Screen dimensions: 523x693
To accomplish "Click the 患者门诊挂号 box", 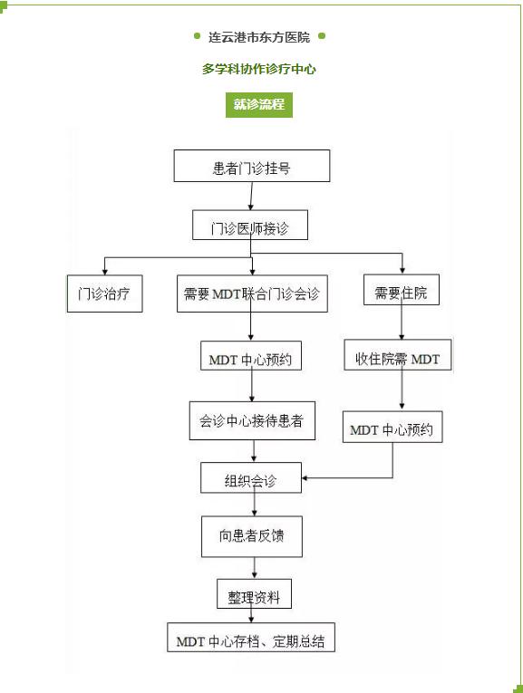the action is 252,166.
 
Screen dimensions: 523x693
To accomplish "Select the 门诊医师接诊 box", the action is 250,225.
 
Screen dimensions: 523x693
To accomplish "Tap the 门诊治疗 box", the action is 105,294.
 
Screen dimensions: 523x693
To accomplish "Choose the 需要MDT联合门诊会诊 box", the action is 252,294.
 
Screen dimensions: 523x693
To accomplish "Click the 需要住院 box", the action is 402,290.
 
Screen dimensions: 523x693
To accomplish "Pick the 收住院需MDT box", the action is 398,355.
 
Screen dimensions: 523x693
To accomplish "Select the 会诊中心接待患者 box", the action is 252,420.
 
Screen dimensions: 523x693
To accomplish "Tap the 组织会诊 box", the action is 251,477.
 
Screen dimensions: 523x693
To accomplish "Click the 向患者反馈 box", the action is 252,536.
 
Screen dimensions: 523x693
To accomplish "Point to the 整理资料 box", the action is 254,593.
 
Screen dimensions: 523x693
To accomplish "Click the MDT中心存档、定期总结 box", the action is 251,638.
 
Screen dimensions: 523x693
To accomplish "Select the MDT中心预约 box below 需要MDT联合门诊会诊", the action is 251,356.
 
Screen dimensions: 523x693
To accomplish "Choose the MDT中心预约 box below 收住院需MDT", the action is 392,427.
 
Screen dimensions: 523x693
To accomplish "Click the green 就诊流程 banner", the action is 259,105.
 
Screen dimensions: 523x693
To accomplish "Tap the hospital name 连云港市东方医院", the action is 259,37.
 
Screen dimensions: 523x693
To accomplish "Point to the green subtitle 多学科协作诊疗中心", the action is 259,69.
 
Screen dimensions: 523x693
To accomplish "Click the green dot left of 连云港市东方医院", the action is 198,36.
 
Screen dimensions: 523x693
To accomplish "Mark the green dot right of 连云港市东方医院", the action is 322,36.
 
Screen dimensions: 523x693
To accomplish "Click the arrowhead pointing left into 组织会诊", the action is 305,477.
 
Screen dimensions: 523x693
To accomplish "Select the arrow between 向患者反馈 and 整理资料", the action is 254,568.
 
